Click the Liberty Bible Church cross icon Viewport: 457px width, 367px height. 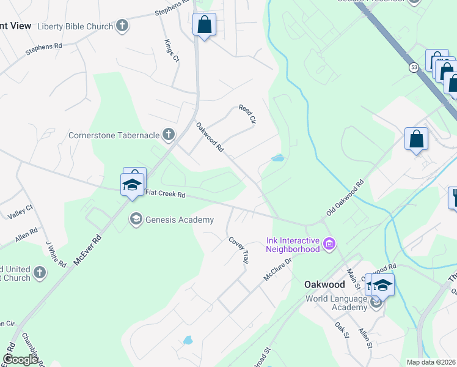pyautogui.click(x=123, y=26)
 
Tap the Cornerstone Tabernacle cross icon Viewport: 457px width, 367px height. pyautogui.click(x=169, y=135)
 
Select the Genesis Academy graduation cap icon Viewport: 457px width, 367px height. pyautogui.click(x=136, y=219)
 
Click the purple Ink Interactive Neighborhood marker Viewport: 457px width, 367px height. pyautogui.click(x=329, y=245)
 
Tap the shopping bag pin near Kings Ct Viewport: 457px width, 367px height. pyautogui.click(x=204, y=26)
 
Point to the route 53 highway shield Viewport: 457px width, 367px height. pyautogui.click(x=414, y=67)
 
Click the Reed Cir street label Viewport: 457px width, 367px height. pyautogui.click(x=246, y=114)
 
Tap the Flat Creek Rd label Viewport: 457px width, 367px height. pyautogui.click(x=165, y=194)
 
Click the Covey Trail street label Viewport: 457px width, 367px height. pyautogui.click(x=239, y=250)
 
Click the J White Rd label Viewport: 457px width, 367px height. pyautogui.click(x=56, y=253)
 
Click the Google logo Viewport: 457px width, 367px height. pyautogui.click(x=20, y=360)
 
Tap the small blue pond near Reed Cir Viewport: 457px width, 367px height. pyautogui.click(x=277, y=158)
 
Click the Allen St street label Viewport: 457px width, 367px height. pyautogui.click(x=365, y=338)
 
